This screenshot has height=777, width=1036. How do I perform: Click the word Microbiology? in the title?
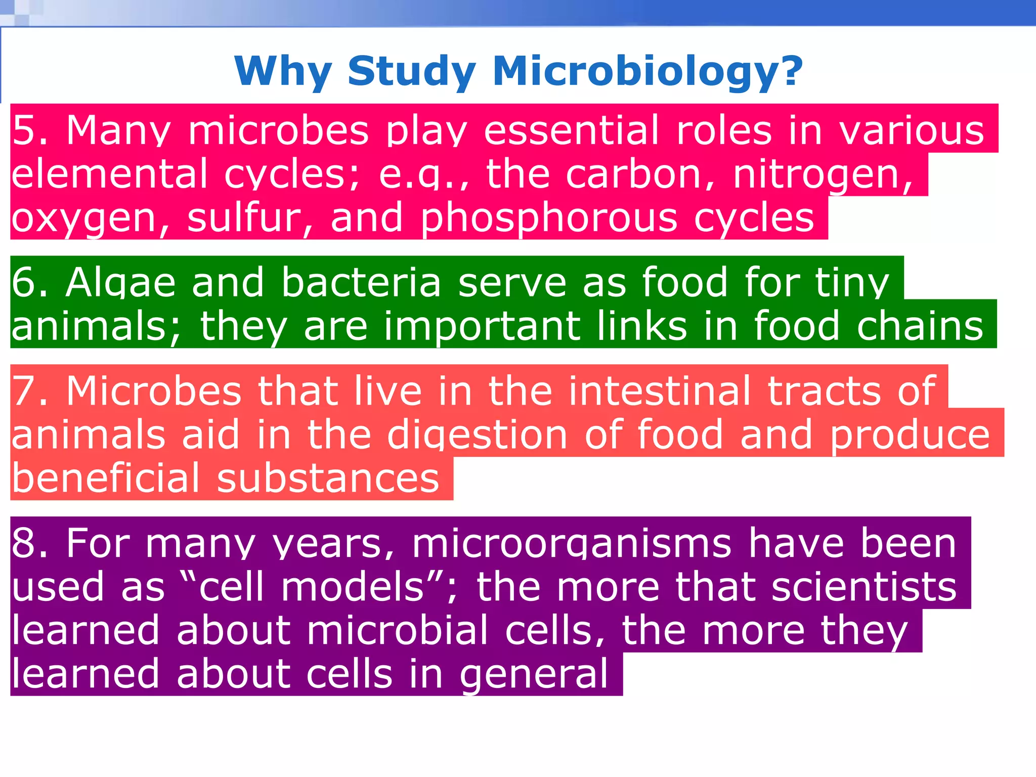click(647, 72)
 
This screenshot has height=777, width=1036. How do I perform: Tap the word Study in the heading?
click(411, 72)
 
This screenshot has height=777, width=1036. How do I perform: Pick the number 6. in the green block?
click(30, 282)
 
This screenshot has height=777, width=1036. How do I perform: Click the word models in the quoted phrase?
click(353, 587)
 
